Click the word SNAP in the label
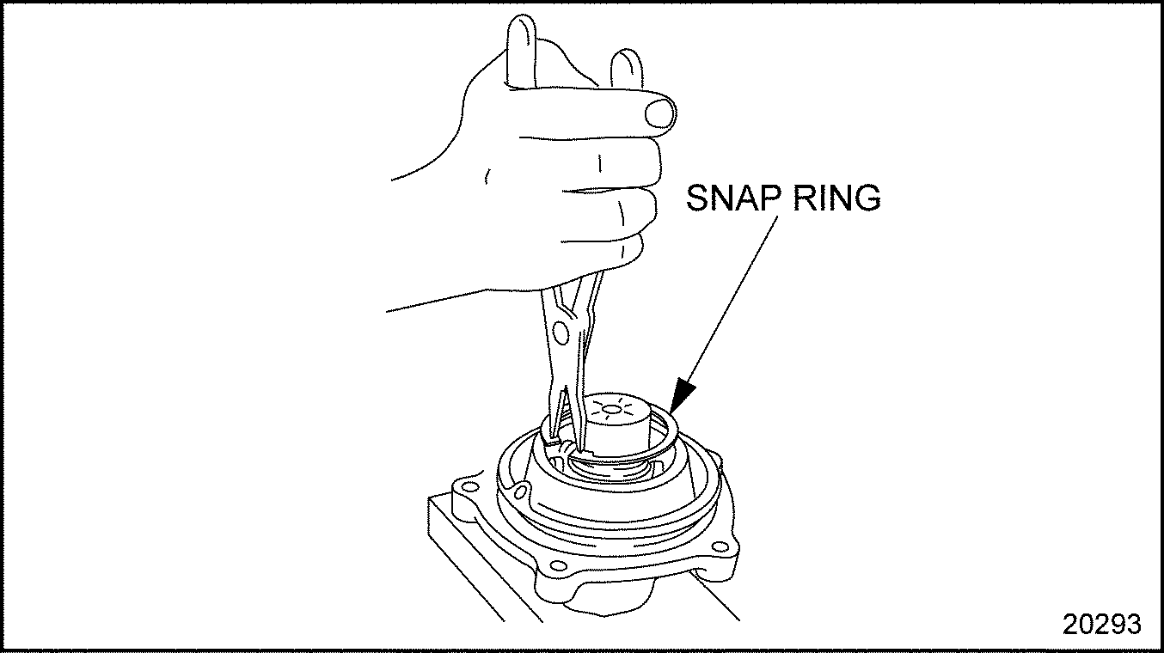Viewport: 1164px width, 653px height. (x=733, y=198)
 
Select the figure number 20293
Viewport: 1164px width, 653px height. (x=1101, y=625)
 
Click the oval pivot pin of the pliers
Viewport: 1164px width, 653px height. (x=561, y=333)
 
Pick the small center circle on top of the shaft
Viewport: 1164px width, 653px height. (x=611, y=411)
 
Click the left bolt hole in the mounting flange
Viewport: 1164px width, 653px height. (x=469, y=487)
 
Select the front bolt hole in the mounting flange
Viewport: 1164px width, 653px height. (x=558, y=565)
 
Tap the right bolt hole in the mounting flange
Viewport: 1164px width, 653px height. (x=720, y=546)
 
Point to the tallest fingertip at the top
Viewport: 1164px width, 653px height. (x=521, y=26)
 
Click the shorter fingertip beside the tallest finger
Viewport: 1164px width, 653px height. (x=626, y=61)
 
